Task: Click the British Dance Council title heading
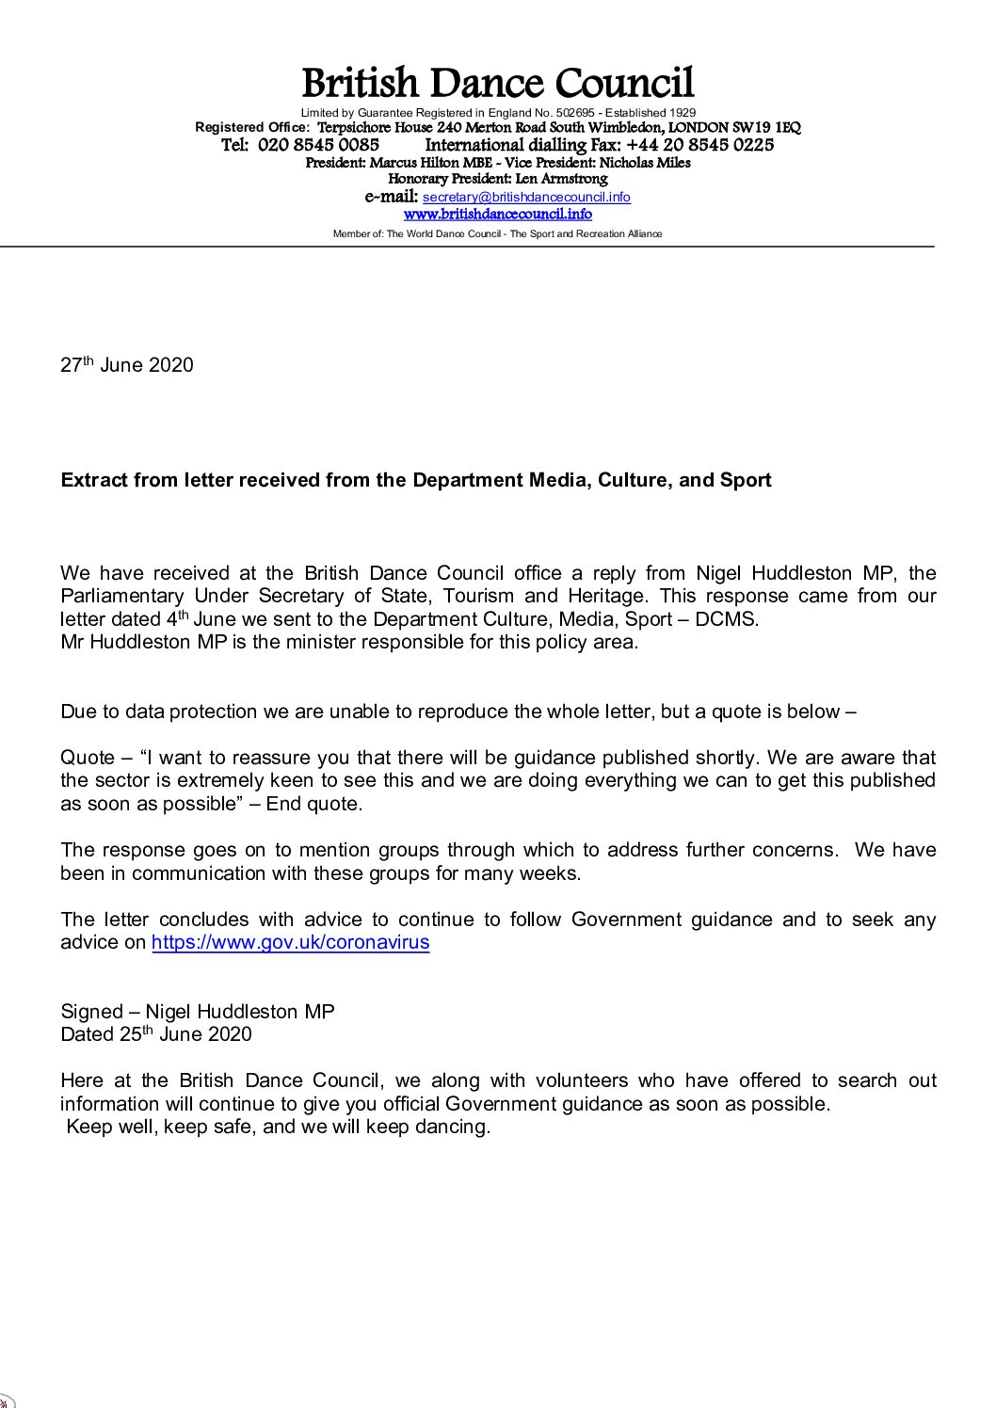coord(497,84)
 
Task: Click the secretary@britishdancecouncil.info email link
coord(526,198)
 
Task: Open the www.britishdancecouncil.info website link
coord(497,215)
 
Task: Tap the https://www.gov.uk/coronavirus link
coord(290,942)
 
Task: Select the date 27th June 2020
coord(127,365)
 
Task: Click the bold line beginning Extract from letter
coord(416,480)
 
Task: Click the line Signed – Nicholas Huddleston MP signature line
coord(198,1012)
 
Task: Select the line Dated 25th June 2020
coord(156,1034)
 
